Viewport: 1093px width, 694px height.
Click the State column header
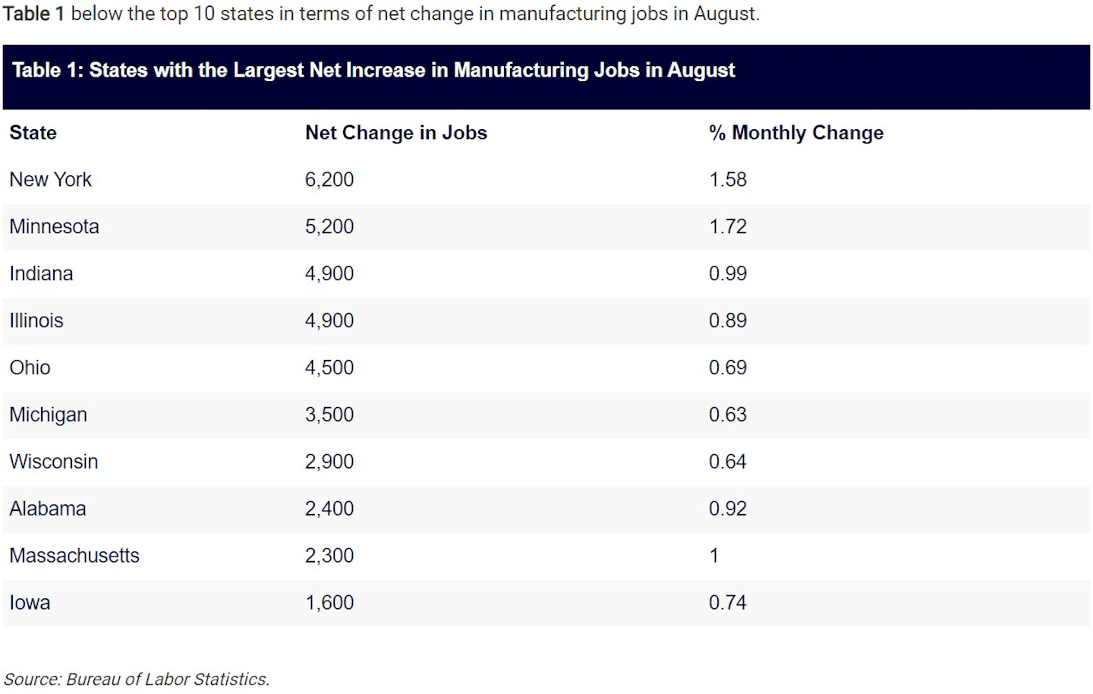(x=33, y=133)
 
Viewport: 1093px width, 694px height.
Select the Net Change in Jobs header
(x=395, y=133)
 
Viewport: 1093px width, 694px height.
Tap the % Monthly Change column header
(x=795, y=133)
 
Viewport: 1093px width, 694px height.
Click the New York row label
(x=50, y=180)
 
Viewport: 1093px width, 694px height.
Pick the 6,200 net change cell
(x=329, y=180)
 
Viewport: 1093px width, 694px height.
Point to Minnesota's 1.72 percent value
(x=727, y=227)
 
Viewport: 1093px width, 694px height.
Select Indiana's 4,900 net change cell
(x=329, y=274)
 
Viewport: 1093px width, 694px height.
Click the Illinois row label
(x=36, y=321)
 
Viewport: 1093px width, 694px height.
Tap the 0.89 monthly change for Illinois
(x=727, y=321)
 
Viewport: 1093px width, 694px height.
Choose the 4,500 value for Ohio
(x=329, y=368)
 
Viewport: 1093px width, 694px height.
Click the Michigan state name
(x=48, y=415)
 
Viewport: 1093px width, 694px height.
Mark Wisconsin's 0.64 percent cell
(x=727, y=462)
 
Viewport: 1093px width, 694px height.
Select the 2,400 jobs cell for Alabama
(x=329, y=509)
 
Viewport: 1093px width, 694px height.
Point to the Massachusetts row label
(x=74, y=556)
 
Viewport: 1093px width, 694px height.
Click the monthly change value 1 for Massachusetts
(x=713, y=556)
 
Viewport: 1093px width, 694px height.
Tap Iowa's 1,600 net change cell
(x=329, y=603)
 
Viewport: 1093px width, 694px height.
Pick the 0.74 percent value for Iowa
(x=727, y=603)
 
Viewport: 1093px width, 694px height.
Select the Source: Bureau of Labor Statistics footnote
(x=137, y=680)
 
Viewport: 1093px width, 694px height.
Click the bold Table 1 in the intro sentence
(x=33, y=14)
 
